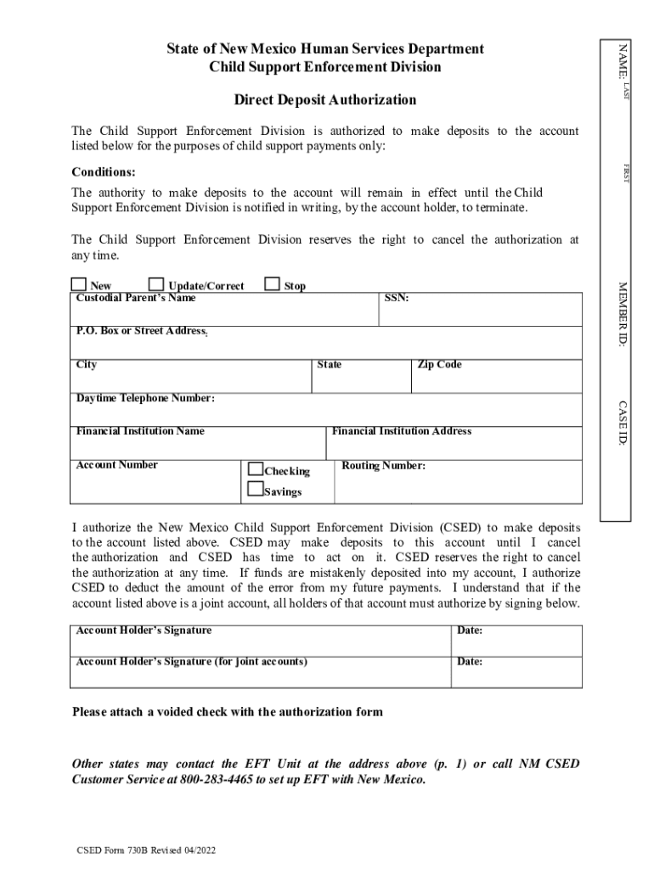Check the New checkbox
[79, 284]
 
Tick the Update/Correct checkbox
[157, 284]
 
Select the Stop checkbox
[273, 284]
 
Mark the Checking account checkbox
[256, 469]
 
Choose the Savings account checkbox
[256, 489]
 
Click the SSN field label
[397, 299]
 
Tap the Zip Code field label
[439, 365]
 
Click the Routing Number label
[383, 466]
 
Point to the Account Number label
[117, 465]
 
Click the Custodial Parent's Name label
[136, 298]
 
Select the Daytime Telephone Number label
[145, 398]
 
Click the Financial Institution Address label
[401, 431]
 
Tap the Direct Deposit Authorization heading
[325, 100]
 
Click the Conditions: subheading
[104, 172]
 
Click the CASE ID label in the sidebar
[623, 424]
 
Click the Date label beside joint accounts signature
[470, 661]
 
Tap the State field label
[330, 365]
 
